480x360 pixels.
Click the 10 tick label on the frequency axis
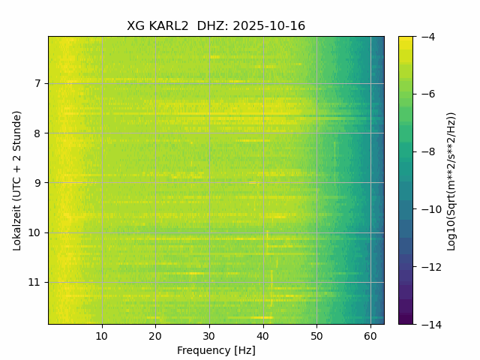(x=102, y=334)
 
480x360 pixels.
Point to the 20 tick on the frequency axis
(x=155, y=334)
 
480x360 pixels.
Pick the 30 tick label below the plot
(x=209, y=334)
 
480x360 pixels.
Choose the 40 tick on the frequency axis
(x=263, y=334)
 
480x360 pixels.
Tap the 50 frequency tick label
(x=316, y=334)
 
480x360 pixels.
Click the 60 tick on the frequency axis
(x=370, y=334)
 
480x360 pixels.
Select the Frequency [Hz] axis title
(x=216, y=350)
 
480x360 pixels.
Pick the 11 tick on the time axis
(x=36, y=283)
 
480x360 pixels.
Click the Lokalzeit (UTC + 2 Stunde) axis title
(x=17, y=180)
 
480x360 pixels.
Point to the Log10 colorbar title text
(x=451, y=180)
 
